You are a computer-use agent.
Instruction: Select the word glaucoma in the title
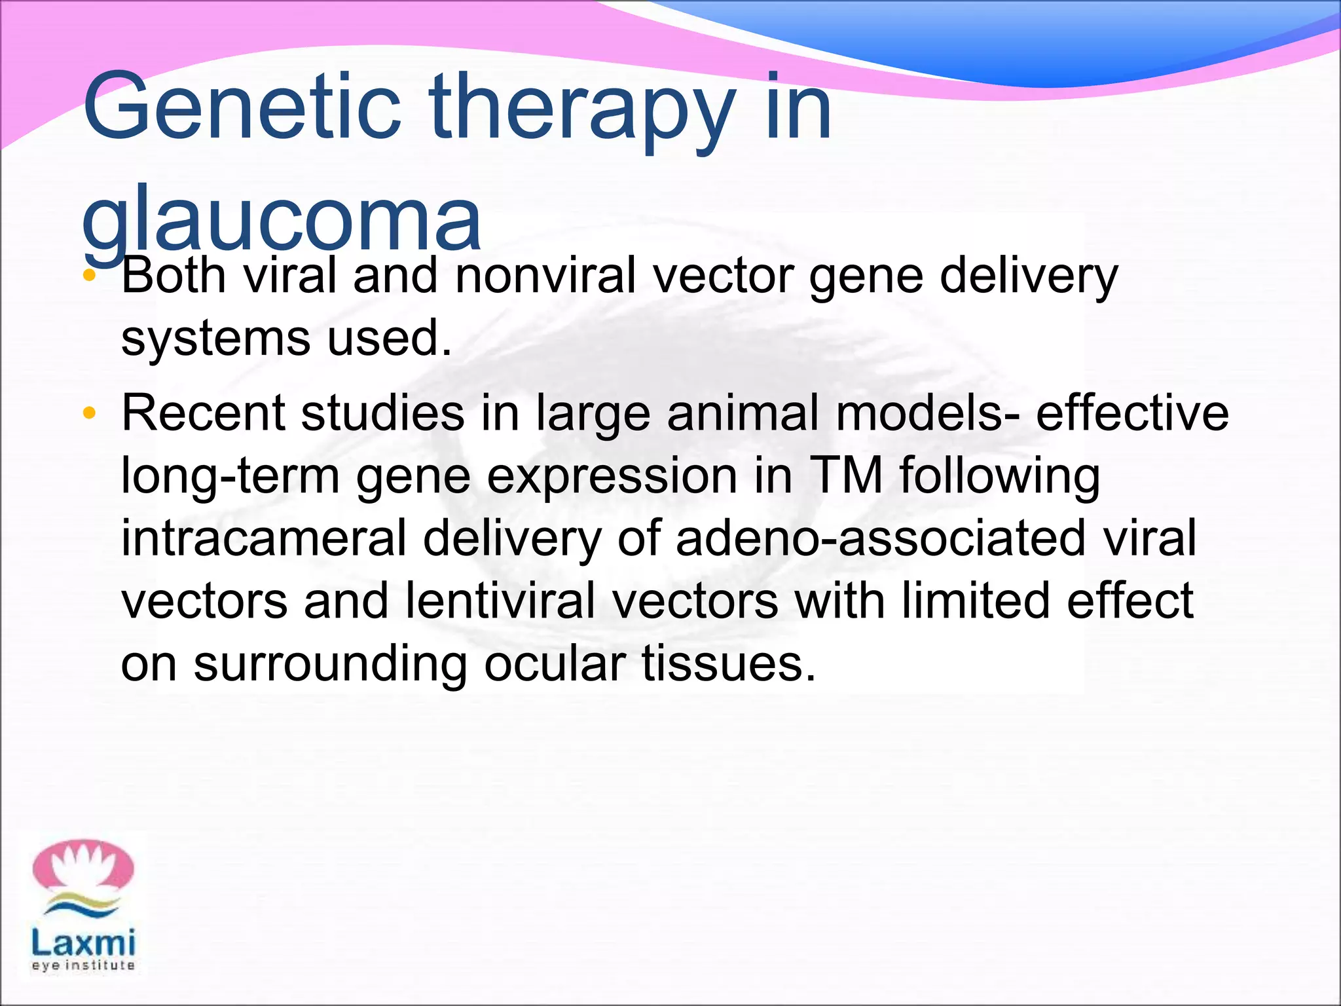tap(282, 219)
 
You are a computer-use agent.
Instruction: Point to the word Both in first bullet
tap(174, 275)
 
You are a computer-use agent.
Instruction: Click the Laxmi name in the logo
tap(83, 943)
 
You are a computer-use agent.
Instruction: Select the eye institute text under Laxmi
tap(83, 966)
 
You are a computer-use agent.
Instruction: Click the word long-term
tap(230, 475)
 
